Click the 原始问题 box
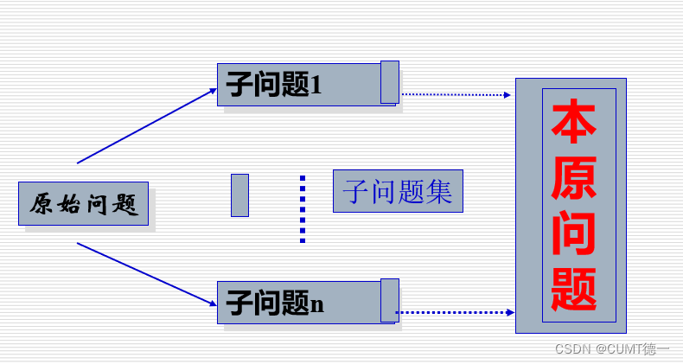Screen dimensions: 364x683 pyautogui.click(x=83, y=203)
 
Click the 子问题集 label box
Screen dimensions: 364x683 pyautogui.click(x=398, y=190)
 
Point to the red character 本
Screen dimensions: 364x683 pyautogui.click(x=574, y=125)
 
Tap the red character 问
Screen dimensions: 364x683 pyautogui.click(x=574, y=233)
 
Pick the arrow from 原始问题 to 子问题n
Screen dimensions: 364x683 pyautogui.click(x=147, y=274)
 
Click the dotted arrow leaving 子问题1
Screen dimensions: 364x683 pyautogui.click(x=456, y=94)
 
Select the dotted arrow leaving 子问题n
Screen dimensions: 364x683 pyautogui.click(x=455, y=312)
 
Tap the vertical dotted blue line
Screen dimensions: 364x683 pyautogui.click(x=303, y=209)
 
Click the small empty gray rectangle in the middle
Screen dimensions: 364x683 pyautogui.click(x=239, y=195)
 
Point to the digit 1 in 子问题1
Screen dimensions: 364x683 pyautogui.click(x=316, y=86)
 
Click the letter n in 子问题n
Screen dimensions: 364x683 pyautogui.click(x=317, y=304)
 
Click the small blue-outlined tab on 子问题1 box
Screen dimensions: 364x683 pyautogui.click(x=390, y=82)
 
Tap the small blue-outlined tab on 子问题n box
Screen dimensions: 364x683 pyautogui.click(x=390, y=300)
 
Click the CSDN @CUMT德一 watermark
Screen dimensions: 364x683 pyautogui.click(x=612, y=349)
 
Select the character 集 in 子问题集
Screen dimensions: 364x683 pyautogui.click(x=439, y=190)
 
